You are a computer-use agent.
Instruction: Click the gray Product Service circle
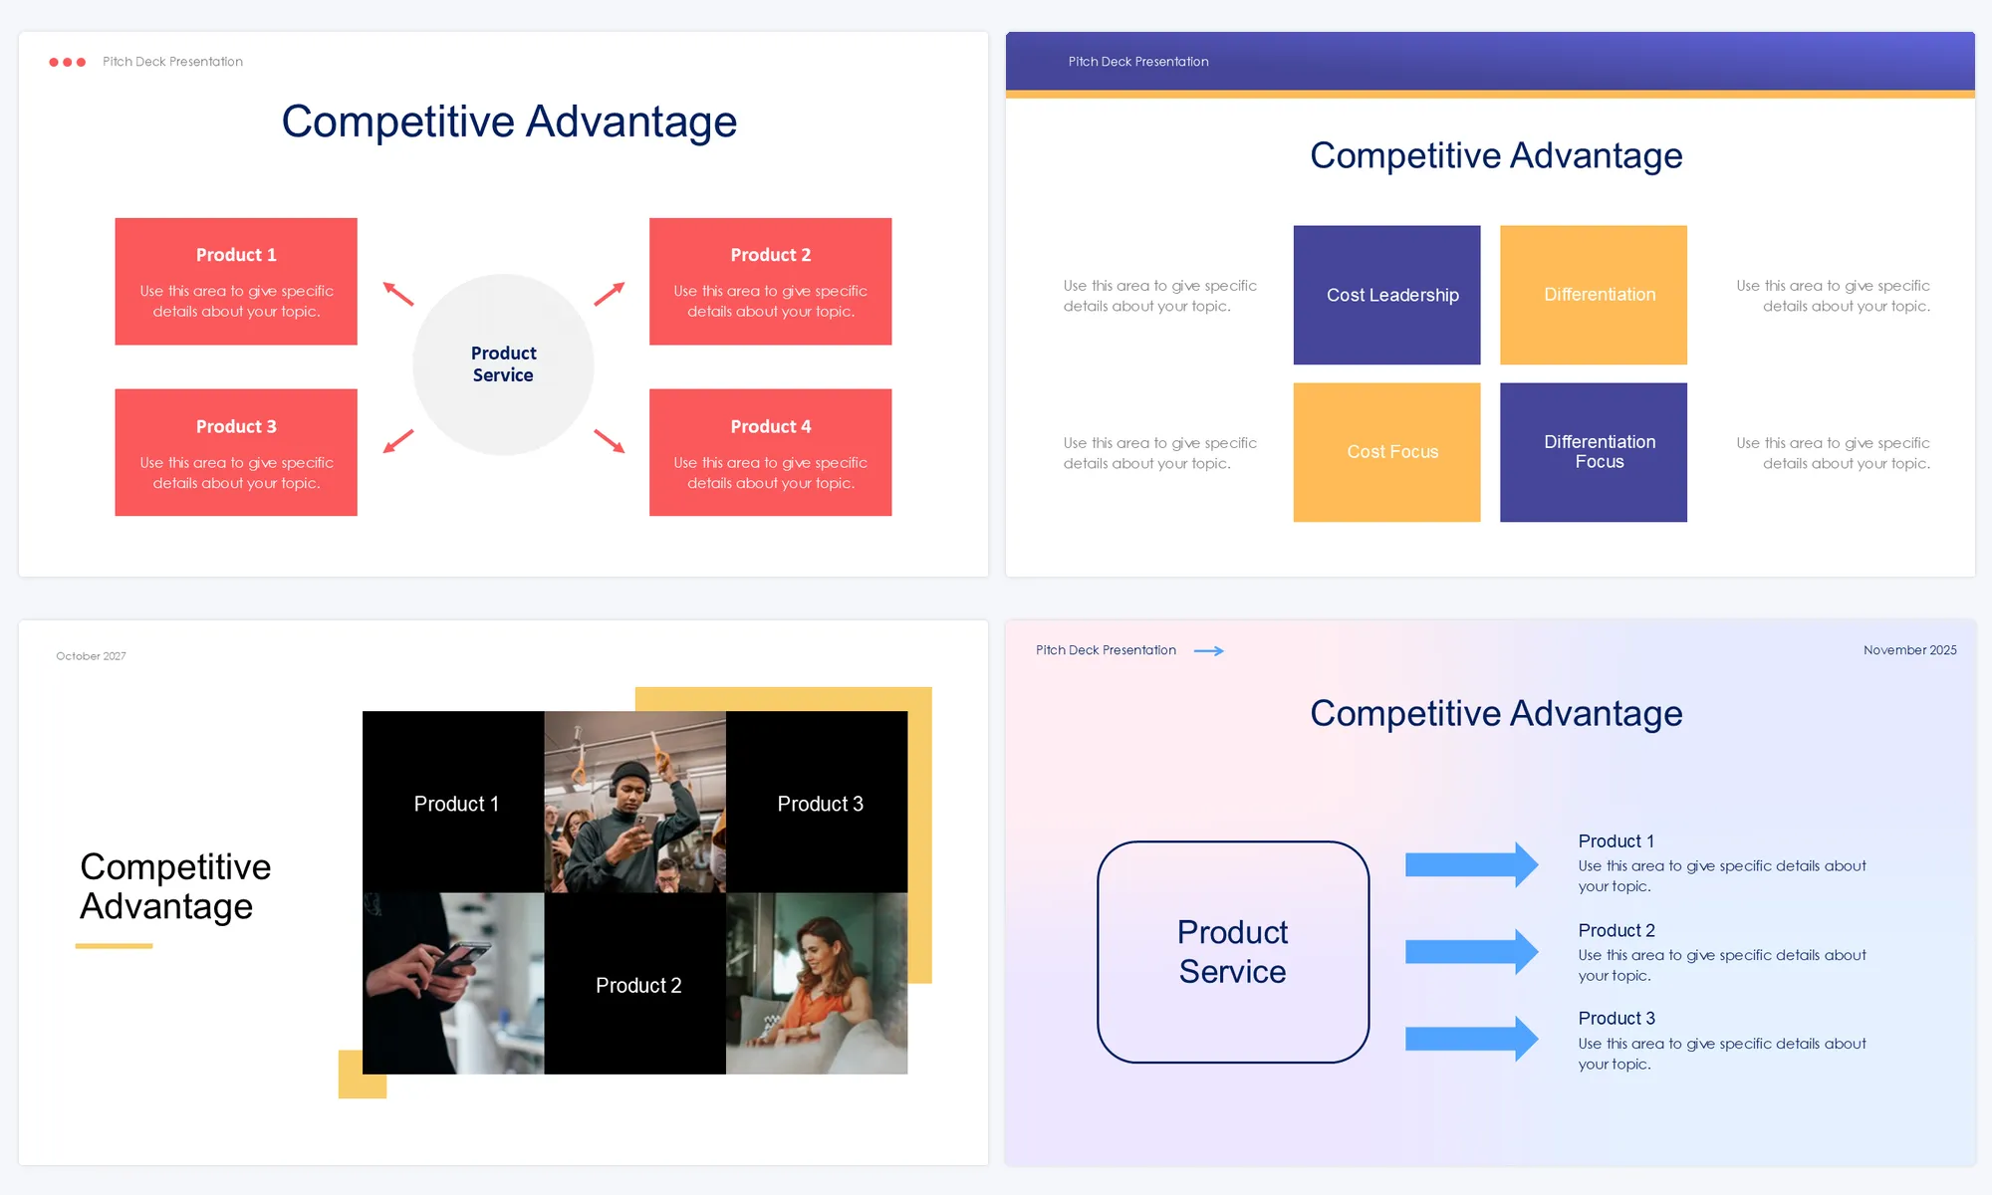(503, 364)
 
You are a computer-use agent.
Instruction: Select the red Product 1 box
(236, 282)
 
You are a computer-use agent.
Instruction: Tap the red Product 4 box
(770, 452)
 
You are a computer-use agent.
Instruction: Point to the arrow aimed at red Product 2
(610, 293)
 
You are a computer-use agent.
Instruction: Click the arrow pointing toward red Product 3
(398, 440)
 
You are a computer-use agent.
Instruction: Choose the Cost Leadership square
(1386, 295)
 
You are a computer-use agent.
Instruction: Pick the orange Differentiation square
(1594, 295)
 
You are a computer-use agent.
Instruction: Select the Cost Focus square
(1386, 452)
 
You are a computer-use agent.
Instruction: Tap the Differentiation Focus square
(1594, 452)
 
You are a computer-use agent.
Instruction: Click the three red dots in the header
(67, 62)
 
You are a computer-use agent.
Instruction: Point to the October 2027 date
(91, 656)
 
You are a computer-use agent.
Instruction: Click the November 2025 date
(1910, 650)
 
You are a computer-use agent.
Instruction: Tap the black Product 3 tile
(817, 802)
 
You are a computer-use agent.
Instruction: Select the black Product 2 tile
(635, 983)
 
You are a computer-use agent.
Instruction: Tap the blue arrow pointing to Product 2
(1472, 952)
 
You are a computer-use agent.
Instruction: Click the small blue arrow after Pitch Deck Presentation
(1209, 651)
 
